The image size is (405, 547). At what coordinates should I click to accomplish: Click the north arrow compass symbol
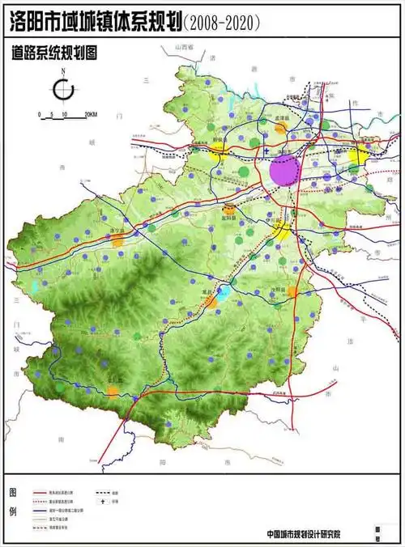(64, 87)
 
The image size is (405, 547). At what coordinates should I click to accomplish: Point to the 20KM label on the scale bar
(91, 114)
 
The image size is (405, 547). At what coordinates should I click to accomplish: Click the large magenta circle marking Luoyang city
(285, 171)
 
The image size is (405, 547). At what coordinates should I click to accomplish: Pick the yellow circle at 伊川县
(280, 232)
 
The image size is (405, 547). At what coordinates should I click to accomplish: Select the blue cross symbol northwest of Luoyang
(266, 151)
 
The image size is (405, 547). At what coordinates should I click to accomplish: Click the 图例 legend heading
(12, 502)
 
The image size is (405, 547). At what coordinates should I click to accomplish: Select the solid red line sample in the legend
(47, 491)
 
